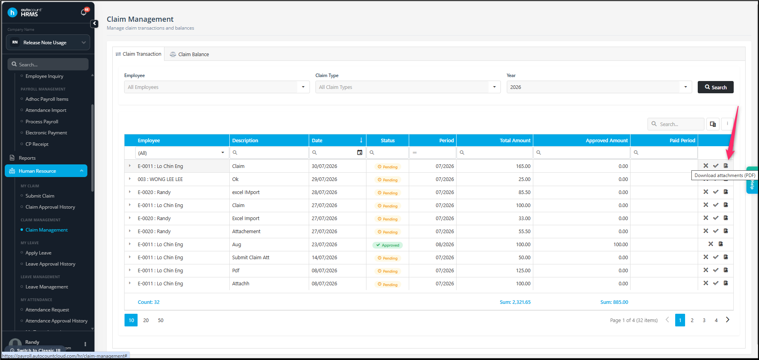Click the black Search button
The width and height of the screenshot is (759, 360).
(x=716, y=87)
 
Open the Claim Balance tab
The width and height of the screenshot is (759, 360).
(x=189, y=54)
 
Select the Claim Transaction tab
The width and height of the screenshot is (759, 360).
(x=138, y=54)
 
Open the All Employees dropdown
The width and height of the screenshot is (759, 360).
(x=217, y=87)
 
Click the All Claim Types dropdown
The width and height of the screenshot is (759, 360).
(x=408, y=87)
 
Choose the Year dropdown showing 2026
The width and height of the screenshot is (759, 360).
(x=599, y=87)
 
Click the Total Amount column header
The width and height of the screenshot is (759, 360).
(x=515, y=140)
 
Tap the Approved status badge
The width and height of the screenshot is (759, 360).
(x=387, y=245)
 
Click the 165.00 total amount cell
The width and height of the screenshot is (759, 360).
(x=523, y=166)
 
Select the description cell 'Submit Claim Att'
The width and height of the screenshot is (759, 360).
(x=251, y=258)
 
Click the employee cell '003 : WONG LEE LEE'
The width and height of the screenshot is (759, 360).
(x=160, y=179)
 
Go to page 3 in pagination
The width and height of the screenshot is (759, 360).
(x=704, y=320)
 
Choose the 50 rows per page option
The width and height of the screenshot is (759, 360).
(x=160, y=320)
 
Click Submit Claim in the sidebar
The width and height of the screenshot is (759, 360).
(x=40, y=196)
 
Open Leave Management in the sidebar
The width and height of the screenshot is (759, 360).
(x=47, y=287)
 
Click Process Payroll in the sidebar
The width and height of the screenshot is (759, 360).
(x=42, y=122)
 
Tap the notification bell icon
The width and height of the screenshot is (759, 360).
(x=83, y=13)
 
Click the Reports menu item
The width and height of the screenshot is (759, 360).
(x=27, y=158)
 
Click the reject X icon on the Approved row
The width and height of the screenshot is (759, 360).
(x=711, y=244)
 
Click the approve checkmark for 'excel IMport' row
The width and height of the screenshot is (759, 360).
(x=716, y=192)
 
